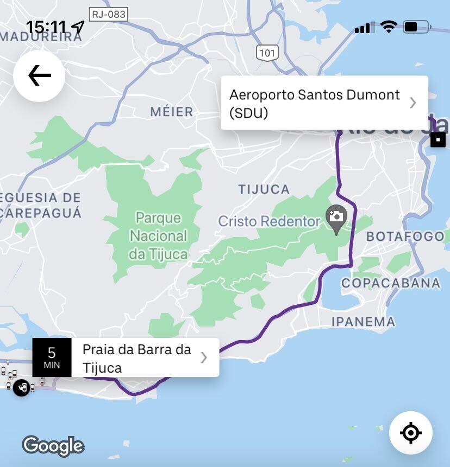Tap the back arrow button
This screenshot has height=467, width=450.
(39, 76)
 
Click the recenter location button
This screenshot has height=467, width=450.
(411, 433)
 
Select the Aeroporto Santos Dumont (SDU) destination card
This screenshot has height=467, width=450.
(324, 103)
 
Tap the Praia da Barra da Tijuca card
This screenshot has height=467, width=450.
(145, 358)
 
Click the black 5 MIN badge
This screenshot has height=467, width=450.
(52, 357)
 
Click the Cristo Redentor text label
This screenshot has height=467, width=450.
(269, 221)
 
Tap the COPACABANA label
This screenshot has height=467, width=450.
(391, 283)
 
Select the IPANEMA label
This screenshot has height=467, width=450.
(364, 322)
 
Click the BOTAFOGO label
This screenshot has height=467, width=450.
(405, 236)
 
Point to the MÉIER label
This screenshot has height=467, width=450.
(172, 112)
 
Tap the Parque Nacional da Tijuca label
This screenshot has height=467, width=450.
(158, 235)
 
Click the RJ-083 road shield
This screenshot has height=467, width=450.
(109, 15)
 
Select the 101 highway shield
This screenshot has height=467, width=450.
(267, 53)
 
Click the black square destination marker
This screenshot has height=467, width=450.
(438, 139)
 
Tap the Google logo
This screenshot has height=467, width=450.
(53, 446)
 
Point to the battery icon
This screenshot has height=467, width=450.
(417, 27)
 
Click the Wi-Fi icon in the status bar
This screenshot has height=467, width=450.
(389, 27)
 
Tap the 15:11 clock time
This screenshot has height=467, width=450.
(46, 27)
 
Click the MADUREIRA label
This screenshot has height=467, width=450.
(33, 36)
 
